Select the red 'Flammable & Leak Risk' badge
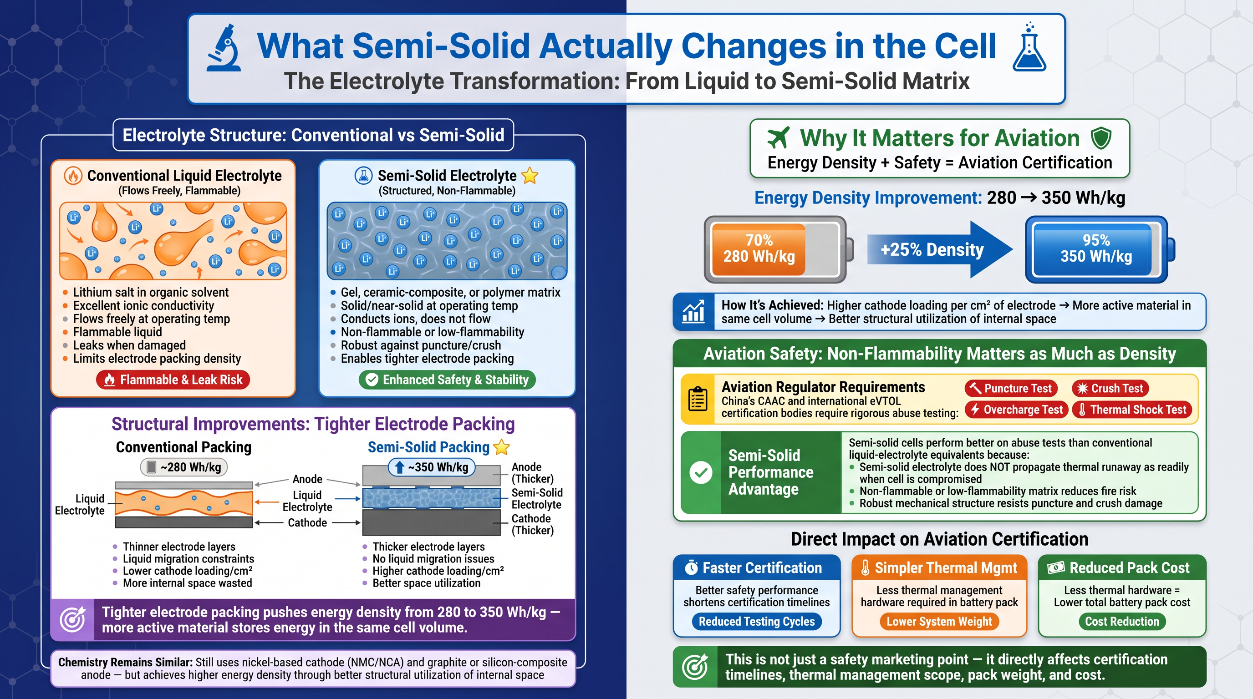173,380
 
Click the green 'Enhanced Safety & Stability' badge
447,380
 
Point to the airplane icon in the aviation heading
778,137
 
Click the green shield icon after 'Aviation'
1101,138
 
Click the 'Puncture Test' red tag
1011,388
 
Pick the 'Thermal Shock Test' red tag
1133,410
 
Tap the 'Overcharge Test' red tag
1017,410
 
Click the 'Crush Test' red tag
1110,388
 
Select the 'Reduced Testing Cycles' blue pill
756,622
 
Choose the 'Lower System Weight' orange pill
939,622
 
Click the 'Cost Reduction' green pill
1122,622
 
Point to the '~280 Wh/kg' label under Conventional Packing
184,467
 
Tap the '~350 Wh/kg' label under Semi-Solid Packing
432,467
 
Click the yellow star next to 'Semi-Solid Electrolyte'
530,176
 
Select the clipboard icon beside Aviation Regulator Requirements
698,399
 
